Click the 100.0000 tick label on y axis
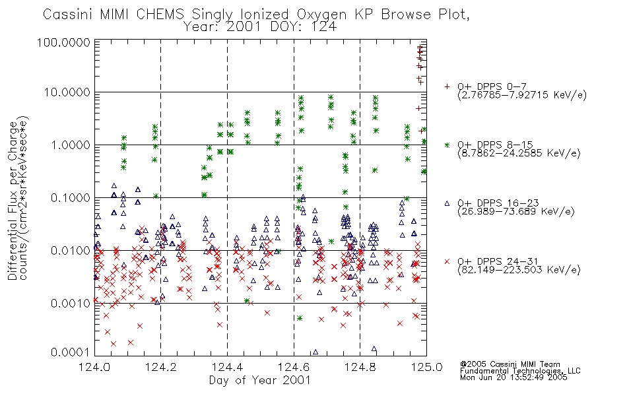[63, 42]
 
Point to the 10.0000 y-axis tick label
[67, 92]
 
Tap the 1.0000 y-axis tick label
[70, 145]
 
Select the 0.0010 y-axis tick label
[70, 303]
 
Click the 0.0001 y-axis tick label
[70, 352]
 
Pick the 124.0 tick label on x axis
[94, 367]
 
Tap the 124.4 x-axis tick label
[227, 367]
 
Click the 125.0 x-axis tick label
[426, 367]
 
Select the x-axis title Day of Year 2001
[260, 380]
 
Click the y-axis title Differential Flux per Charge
[13, 200]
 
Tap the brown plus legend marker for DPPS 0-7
[447, 86]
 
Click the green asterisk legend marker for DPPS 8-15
[447, 145]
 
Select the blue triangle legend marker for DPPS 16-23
[447, 203]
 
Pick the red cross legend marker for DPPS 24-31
[447, 261]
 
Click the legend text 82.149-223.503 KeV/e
[519, 270]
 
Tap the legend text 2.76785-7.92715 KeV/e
[522, 95]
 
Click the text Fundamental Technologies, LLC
[520, 371]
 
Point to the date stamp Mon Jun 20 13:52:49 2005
[513, 378]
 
